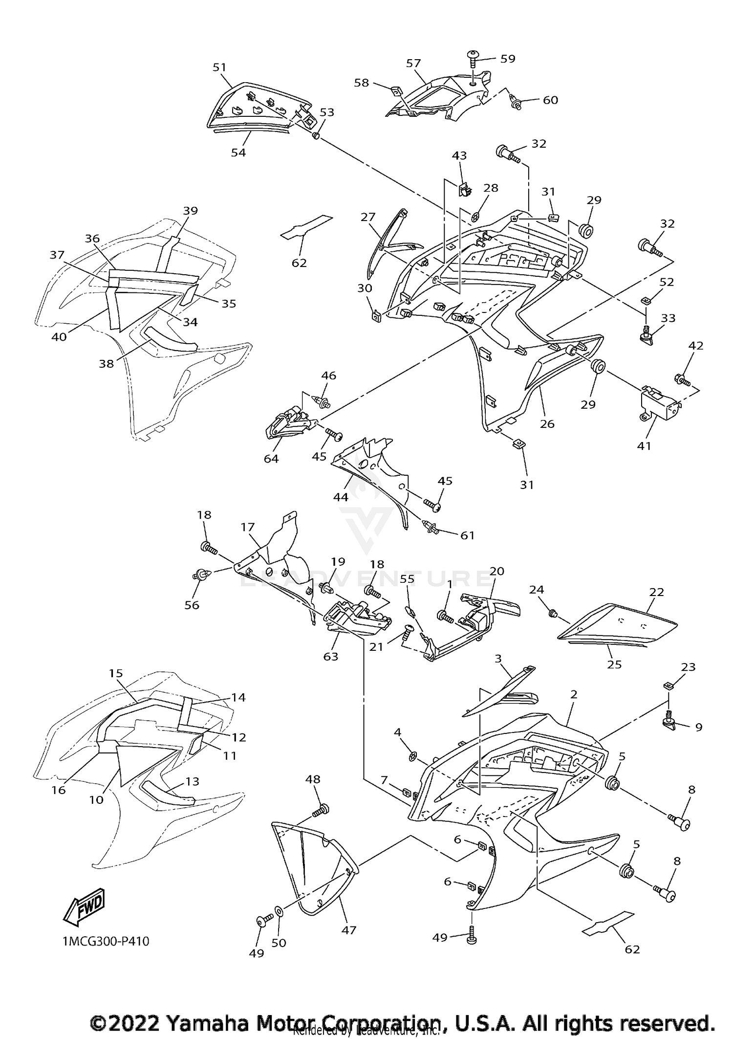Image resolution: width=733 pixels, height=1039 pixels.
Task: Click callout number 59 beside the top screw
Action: (508, 59)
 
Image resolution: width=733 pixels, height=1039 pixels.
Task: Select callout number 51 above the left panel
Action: (220, 67)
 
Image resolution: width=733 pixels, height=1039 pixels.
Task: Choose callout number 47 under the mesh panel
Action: (348, 930)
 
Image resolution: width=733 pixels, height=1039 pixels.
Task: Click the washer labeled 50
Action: (279, 911)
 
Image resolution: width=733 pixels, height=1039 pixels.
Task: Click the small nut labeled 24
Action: (553, 613)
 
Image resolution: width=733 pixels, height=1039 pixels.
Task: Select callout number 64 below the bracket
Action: (271, 459)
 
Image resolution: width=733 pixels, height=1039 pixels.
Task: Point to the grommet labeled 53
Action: (316, 135)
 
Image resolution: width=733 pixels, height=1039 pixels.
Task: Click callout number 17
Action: (248, 527)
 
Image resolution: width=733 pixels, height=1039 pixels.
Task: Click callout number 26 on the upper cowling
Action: (547, 424)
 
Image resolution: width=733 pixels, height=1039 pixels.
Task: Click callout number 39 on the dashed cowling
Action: (191, 211)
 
